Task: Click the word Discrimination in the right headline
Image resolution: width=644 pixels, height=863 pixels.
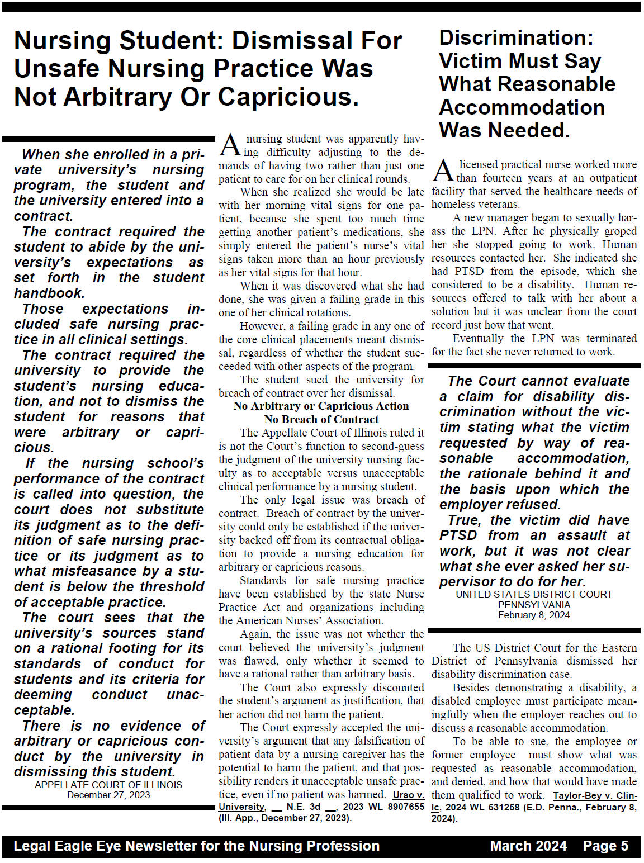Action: click(x=516, y=37)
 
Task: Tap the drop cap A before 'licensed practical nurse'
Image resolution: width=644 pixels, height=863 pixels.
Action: click(x=443, y=171)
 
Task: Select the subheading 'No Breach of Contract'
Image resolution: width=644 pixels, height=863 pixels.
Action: click(x=321, y=419)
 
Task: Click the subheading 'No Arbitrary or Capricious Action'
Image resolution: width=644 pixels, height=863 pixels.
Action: click(x=321, y=406)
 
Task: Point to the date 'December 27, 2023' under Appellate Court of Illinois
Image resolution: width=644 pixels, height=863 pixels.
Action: click(x=108, y=795)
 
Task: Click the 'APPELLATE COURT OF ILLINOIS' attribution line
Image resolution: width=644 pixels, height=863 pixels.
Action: click(x=108, y=785)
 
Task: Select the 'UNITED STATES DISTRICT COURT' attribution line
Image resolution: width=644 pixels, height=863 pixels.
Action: click(x=534, y=594)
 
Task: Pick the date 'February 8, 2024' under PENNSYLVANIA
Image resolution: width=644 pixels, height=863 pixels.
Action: click(x=534, y=615)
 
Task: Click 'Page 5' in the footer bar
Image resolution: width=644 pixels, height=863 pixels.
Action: click(x=605, y=846)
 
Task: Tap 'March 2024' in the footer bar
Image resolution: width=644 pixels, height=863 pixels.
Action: click(x=528, y=846)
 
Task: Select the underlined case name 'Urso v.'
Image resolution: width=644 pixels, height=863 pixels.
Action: click(x=408, y=795)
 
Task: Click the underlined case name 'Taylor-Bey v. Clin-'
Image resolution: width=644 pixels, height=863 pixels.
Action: click(x=595, y=795)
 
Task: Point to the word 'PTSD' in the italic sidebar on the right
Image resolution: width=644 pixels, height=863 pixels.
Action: click(x=458, y=535)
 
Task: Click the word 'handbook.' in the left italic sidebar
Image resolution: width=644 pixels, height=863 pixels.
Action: click(x=49, y=293)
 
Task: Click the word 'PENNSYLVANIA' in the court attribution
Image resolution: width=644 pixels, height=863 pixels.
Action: click(x=534, y=605)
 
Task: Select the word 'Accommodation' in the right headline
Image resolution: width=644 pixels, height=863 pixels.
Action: click(x=522, y=107)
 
